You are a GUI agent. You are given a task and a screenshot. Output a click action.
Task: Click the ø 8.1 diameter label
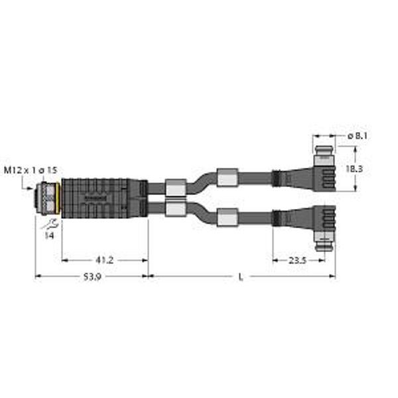click(x=359, y=136)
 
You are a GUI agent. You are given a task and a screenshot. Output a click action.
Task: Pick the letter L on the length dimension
click(x=241, y=277)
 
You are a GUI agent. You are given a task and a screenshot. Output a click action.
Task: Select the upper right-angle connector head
click(x=312, y=177)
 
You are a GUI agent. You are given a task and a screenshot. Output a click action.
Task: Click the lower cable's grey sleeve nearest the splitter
click(x=174, y=210)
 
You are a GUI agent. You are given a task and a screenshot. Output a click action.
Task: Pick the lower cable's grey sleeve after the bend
click(x=228, y=216)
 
